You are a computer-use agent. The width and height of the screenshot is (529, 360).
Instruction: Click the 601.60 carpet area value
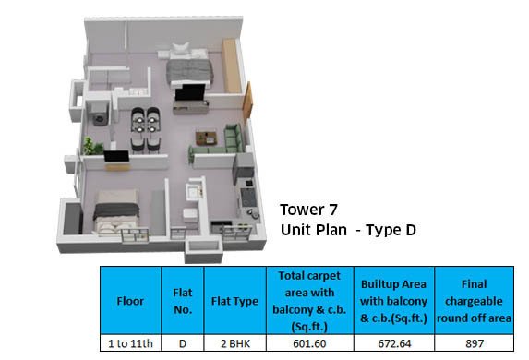(309, 343)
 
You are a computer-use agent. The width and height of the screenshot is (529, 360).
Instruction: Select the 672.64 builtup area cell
(394, 343)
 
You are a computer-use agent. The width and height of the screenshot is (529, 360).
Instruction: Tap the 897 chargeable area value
(475, 343)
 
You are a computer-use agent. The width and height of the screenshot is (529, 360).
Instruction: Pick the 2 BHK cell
(235, 343)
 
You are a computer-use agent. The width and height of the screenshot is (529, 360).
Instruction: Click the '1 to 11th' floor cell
(130, 343)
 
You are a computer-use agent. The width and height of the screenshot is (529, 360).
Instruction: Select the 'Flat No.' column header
(183, 301)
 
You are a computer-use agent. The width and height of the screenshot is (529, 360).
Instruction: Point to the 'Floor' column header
(130, 301)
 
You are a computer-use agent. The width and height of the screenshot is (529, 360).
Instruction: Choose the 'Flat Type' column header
(234, 301)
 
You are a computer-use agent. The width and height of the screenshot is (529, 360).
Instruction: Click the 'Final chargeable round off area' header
(474, 301)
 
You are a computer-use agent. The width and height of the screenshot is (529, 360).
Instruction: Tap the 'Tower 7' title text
(308, 210)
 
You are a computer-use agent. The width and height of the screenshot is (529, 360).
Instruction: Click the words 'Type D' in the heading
(391, 231)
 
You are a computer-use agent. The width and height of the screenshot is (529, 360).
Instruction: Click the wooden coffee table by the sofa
(206, 137)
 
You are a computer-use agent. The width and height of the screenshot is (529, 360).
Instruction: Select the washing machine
(100, 114)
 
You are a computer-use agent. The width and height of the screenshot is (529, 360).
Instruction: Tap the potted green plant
(92, 147)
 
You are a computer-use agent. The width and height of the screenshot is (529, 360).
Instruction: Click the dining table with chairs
(146, 130)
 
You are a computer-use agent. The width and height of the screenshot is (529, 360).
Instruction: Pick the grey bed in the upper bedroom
(189, 67)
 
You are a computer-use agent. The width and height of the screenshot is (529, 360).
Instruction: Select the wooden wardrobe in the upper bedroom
(232, 66)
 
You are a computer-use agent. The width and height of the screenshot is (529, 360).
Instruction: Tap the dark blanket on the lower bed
(116, 210)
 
